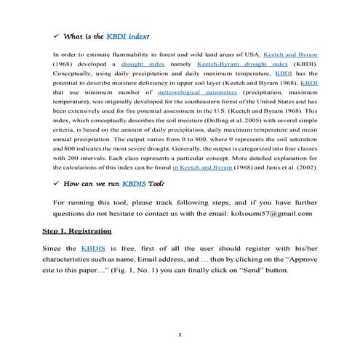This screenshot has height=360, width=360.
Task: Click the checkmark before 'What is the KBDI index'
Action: click(x=56, y=34)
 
